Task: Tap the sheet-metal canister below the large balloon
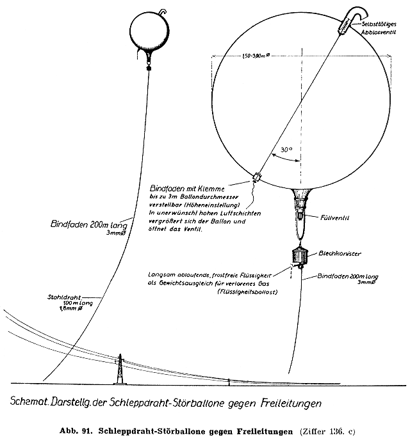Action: tap(300, 255)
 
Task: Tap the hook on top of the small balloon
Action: tap(163, 12)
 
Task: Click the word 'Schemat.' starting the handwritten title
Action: tap(29, 404)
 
